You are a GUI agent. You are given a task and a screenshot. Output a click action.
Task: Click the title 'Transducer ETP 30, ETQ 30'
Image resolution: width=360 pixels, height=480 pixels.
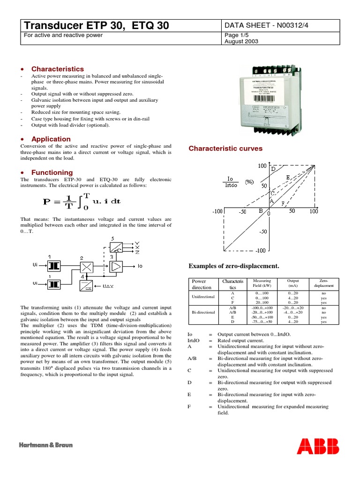click(x=96, y=26)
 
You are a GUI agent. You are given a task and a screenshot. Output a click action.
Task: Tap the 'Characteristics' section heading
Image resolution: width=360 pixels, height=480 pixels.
click(x=57, y=69)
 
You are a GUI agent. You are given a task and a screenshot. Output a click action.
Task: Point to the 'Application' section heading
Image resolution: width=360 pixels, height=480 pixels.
click(x=51, y=139)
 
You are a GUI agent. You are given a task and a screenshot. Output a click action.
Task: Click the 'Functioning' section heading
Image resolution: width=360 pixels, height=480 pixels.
click(x=52, y=172)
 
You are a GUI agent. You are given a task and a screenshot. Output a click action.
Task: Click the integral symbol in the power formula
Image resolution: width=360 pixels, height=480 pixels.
click(x=79, y=202)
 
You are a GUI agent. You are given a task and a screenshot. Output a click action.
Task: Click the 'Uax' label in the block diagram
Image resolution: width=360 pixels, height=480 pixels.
click(x=108, y=285)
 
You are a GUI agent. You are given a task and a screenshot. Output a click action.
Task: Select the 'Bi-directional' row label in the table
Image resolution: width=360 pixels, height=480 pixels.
click(x=203, y=312)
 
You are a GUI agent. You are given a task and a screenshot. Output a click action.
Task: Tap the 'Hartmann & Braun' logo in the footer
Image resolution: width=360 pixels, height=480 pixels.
click(x=46, y=445)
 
